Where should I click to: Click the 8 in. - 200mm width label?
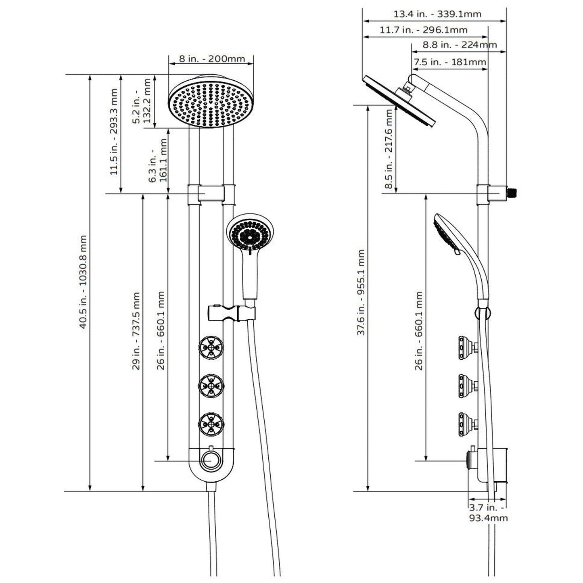pyautogui.click(x=212, y=59)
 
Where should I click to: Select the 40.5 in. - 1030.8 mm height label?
pyautogui.click(x=83, y=282)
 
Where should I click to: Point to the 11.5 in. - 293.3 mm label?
pyautogui.click(x=114, y=132)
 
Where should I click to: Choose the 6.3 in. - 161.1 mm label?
pyautogui.click(x=158, y=161)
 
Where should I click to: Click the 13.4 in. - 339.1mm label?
pyautogui.click(x=437, y=14)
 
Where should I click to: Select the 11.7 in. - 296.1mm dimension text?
pyautogui.click(x=423, y=30)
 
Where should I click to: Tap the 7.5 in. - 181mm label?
pyautogui.click(x=450, y=62)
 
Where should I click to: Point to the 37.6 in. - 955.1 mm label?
pyautogui.click(x=361, y=292)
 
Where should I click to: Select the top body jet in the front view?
pyautogui.click(x=211, y=347)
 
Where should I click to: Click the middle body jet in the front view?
pyautogui.click(x=211, y=386)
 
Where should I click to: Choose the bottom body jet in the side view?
pyautogui.click(x=466, y=424)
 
